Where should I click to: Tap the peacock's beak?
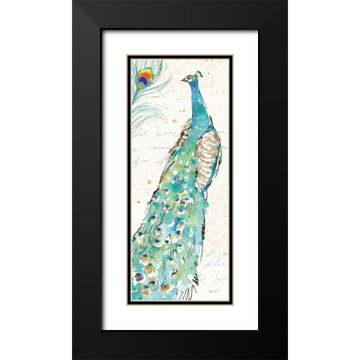pyautogui.click(x=182, y=79)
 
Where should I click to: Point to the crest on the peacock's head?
pyautogui.click(x=199, y=73)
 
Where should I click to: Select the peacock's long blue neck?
pyautogui.click(x=196, y=101)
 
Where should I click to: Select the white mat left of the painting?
pyautogui.click(x=114, y=180)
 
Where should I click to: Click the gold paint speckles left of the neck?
pyautogui.click(x=166, y=120)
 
